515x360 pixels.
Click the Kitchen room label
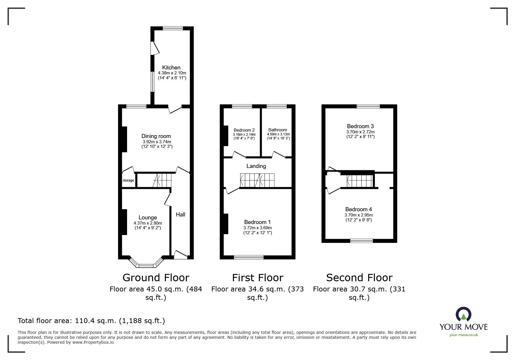point(171,67)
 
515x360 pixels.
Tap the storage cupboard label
point(128,180)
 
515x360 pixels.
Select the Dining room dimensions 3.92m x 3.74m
point(157,142)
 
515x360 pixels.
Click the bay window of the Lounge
point(147,265)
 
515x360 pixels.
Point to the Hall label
point(180,214)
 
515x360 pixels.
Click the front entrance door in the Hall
point(180,255)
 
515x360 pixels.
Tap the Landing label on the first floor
point(256,166)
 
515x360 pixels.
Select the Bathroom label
point(277,130)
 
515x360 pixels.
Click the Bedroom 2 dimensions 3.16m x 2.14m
point(244,135)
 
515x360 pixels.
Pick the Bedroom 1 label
point(257,222)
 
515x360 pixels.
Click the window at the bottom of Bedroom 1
point(249,257)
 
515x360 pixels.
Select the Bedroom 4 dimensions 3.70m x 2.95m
point(359,215)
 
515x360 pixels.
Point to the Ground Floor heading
point(156,277)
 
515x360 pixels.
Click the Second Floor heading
point(359,277)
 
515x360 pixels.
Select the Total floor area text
point(91,321)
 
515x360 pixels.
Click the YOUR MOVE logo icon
point(463,315)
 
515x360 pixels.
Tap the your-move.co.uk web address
point(464,335)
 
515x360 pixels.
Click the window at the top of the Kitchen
point(173,28)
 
